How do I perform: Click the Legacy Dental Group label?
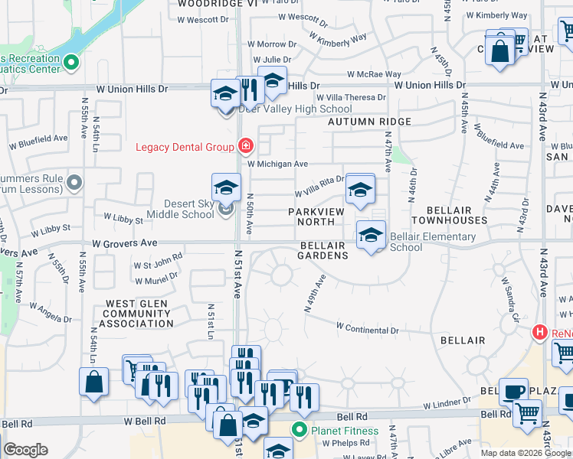pos(186,147)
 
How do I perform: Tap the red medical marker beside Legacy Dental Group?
pos(245,145)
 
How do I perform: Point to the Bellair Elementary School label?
pos(417,242)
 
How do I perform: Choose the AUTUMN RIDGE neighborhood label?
pos(370,122)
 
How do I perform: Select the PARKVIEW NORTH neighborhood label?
pos(322,216)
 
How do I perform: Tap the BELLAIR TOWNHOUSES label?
pos(449,214)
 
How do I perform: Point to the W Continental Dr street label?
pos(368,330)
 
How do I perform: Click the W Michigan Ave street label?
pos(277,164)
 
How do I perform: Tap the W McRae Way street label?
pos(374,75)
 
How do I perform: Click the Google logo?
pos(25,450)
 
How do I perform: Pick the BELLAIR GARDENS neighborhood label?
pos(323,250)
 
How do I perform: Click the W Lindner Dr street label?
pos(445,402)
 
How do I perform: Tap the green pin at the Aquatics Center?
pos(71,63)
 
